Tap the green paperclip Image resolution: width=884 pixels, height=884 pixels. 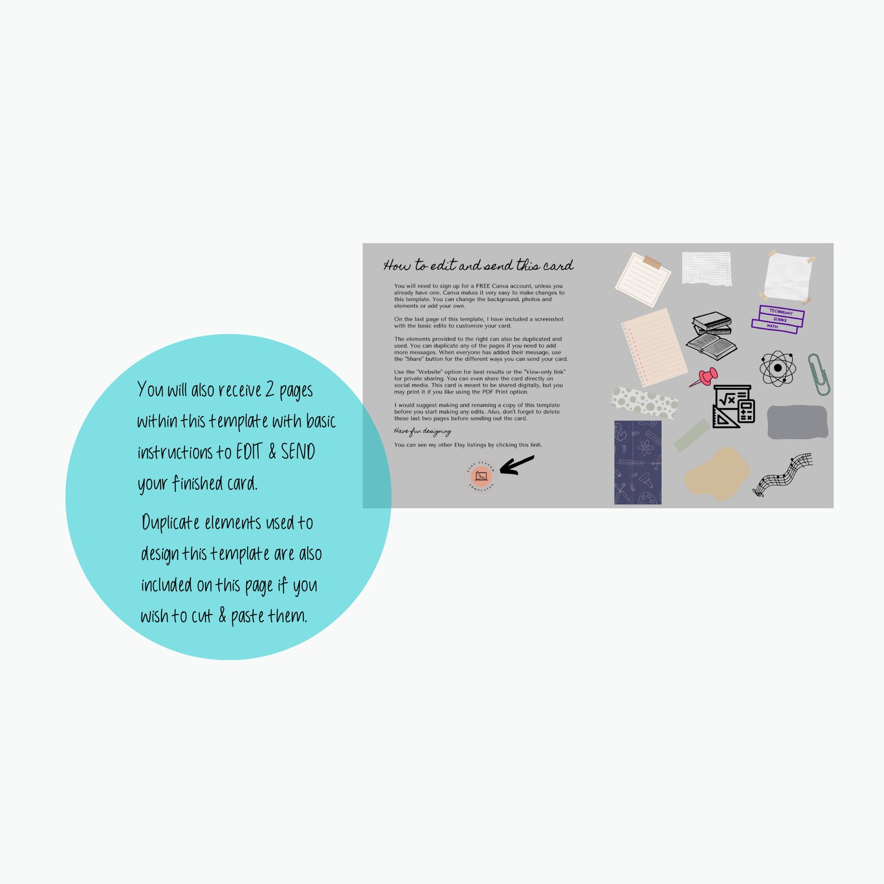point(819,374)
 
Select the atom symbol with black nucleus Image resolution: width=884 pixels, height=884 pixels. point(778,368)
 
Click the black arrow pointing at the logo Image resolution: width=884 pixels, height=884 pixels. point(517,465)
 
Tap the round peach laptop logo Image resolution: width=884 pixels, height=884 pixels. point(480,476)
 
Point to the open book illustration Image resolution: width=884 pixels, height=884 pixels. point(711,345)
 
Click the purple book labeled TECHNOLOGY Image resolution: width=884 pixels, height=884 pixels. point(782,312)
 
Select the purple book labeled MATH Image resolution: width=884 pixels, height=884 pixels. point(774,327)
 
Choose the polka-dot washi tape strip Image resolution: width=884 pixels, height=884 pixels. point(644,401)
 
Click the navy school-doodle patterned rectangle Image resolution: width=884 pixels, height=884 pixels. point(637,463)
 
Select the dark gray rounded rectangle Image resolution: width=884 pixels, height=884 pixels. point(797,422)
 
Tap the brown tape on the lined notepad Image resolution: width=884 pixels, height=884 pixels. point(651,262)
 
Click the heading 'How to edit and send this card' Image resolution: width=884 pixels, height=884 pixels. point(478,266)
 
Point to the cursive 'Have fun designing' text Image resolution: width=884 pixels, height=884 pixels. point(423,431)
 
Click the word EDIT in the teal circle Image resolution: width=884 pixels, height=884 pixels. point(248,451)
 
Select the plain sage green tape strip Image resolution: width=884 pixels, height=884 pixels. point(691,435)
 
